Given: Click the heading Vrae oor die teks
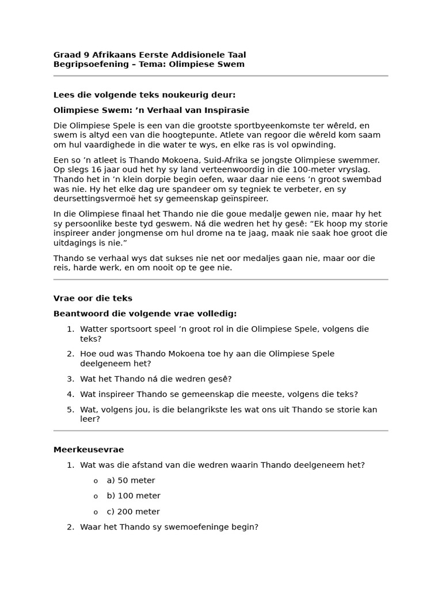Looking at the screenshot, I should click(x=93, y=298).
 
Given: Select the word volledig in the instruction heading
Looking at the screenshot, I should click(x=216, y=314).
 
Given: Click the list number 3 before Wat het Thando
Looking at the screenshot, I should click(x=70, y=379).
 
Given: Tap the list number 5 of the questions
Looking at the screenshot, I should click(x=70, y=410).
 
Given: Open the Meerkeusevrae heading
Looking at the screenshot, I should click(x=89, y=450).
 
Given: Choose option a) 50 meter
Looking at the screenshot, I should click(x=131, y=481).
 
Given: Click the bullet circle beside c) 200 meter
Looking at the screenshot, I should click(x=96, y=512).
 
